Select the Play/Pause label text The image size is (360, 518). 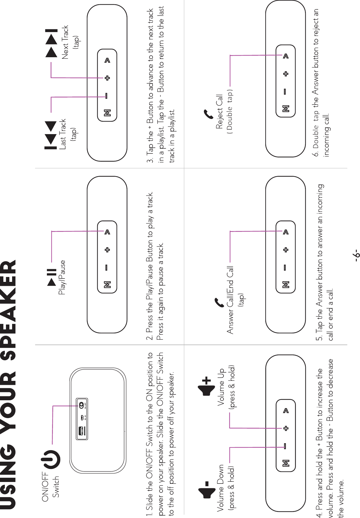tap(62, 277)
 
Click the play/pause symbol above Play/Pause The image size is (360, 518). tap(52, 277)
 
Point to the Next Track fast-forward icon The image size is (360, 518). tap(51, 43)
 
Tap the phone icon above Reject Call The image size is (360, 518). tap(209, 114)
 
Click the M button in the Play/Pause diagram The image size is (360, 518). tap(107, 285)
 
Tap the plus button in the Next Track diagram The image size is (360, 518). tap(107, 78)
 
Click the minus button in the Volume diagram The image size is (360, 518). tap(285, 446)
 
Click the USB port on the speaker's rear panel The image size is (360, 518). tap(81, 431)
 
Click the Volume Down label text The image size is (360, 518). tap(221, 487)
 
